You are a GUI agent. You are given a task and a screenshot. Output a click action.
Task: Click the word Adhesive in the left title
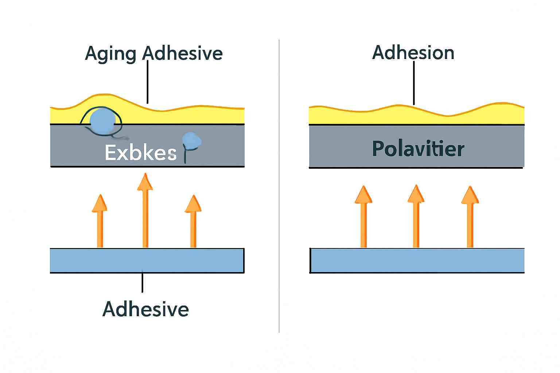(182, 53)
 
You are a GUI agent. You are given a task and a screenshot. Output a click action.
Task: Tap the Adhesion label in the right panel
(413, 53)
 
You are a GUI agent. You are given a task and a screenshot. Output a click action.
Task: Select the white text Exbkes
(140, 153)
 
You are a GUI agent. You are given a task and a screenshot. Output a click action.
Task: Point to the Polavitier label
(418, 149)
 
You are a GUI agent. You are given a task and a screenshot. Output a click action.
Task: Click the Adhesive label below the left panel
(145, 309)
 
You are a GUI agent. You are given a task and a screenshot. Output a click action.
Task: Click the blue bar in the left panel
(147, 260)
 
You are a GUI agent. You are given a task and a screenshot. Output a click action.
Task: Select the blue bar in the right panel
(417, 260)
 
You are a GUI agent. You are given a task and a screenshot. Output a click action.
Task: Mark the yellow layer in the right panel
(416, 116)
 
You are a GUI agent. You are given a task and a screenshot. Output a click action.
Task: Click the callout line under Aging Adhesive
(148, 82)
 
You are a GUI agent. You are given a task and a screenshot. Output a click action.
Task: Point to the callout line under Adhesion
(414, 83)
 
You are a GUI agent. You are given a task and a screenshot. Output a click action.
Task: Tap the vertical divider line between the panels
(279, 186)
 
